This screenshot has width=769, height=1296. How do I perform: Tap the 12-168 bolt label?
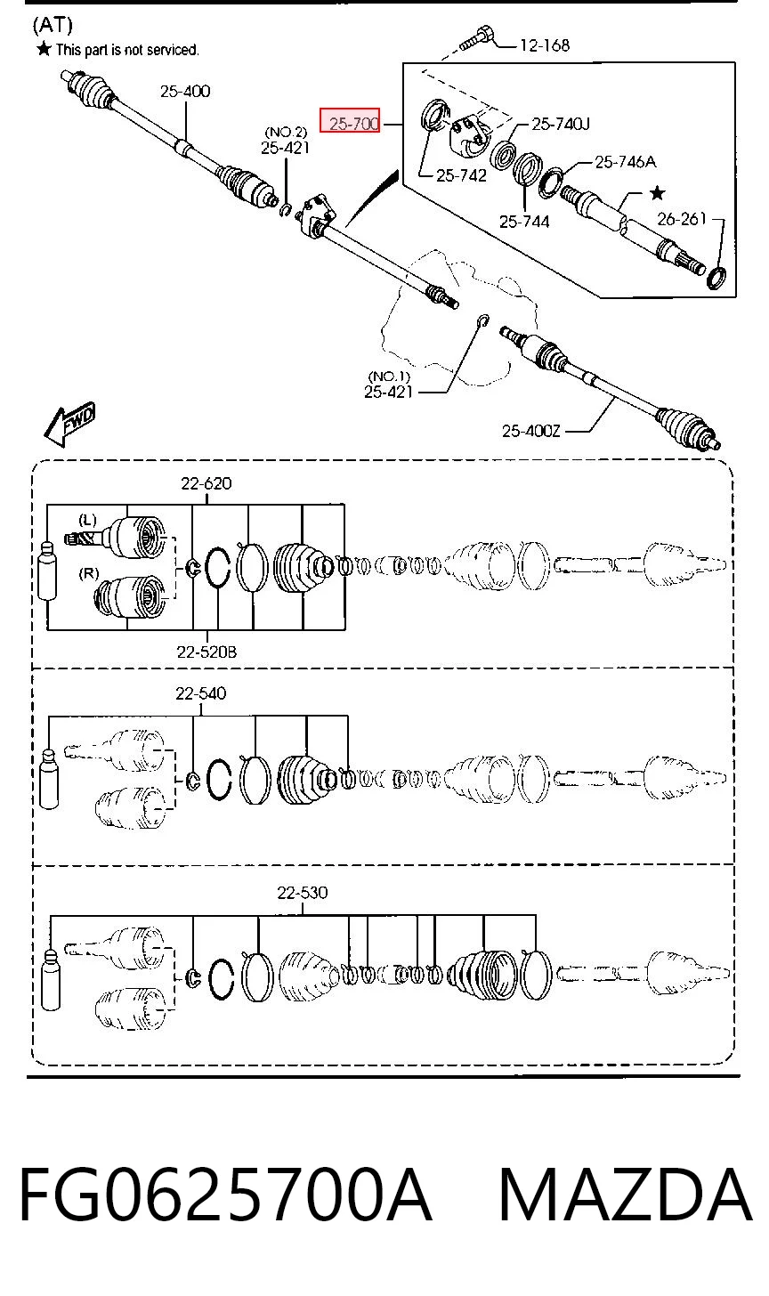(545, 45)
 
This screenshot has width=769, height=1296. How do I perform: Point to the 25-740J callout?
(561, 124)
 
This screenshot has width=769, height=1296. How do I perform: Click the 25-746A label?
(625, 162)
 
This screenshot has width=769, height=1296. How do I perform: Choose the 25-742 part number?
(461, 175)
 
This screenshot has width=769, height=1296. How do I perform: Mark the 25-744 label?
(524, 222)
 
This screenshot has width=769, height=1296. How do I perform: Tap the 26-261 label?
(682, 219)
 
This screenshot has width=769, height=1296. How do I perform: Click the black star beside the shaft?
(658, 192)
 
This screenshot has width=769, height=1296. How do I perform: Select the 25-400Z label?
(531, 431)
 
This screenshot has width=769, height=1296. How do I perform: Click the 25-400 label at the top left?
(185, 91)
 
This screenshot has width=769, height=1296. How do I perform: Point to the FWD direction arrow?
(69, 424)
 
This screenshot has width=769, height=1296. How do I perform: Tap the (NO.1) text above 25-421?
(388, 377)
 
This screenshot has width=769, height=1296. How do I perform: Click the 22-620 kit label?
(206, 483)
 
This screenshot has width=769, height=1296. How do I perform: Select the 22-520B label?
(206, 652)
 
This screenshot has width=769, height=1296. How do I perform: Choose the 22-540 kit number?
(201, 693)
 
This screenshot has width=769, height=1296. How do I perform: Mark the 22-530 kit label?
(302, 893)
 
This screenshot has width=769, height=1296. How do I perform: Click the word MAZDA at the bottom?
(625, 1195)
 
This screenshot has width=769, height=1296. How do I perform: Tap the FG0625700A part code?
(226, 1195)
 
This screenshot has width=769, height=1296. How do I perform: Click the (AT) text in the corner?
(53, 25)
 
